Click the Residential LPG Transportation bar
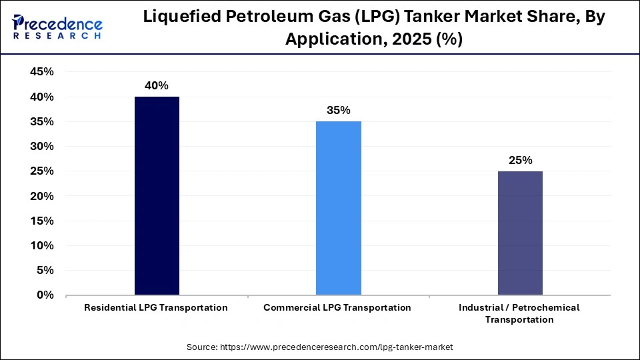157,195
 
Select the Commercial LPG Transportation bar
338,208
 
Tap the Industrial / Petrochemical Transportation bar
519,233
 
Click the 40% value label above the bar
157,85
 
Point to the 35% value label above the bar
338,110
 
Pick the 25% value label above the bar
519,160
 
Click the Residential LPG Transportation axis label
156,307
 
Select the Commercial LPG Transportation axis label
337,307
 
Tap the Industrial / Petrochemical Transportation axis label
519,313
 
